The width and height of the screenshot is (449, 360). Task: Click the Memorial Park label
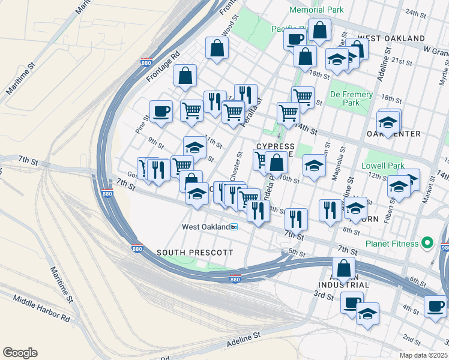click(316, 10)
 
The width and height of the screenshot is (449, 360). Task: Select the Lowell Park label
click(383, 166)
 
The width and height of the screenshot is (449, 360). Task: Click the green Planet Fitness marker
click(427, 243)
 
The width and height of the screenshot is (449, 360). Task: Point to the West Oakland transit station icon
click(235, 227)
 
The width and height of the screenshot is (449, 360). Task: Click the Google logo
click(20, 353)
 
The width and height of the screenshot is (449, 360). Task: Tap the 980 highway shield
click(445, 247)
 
